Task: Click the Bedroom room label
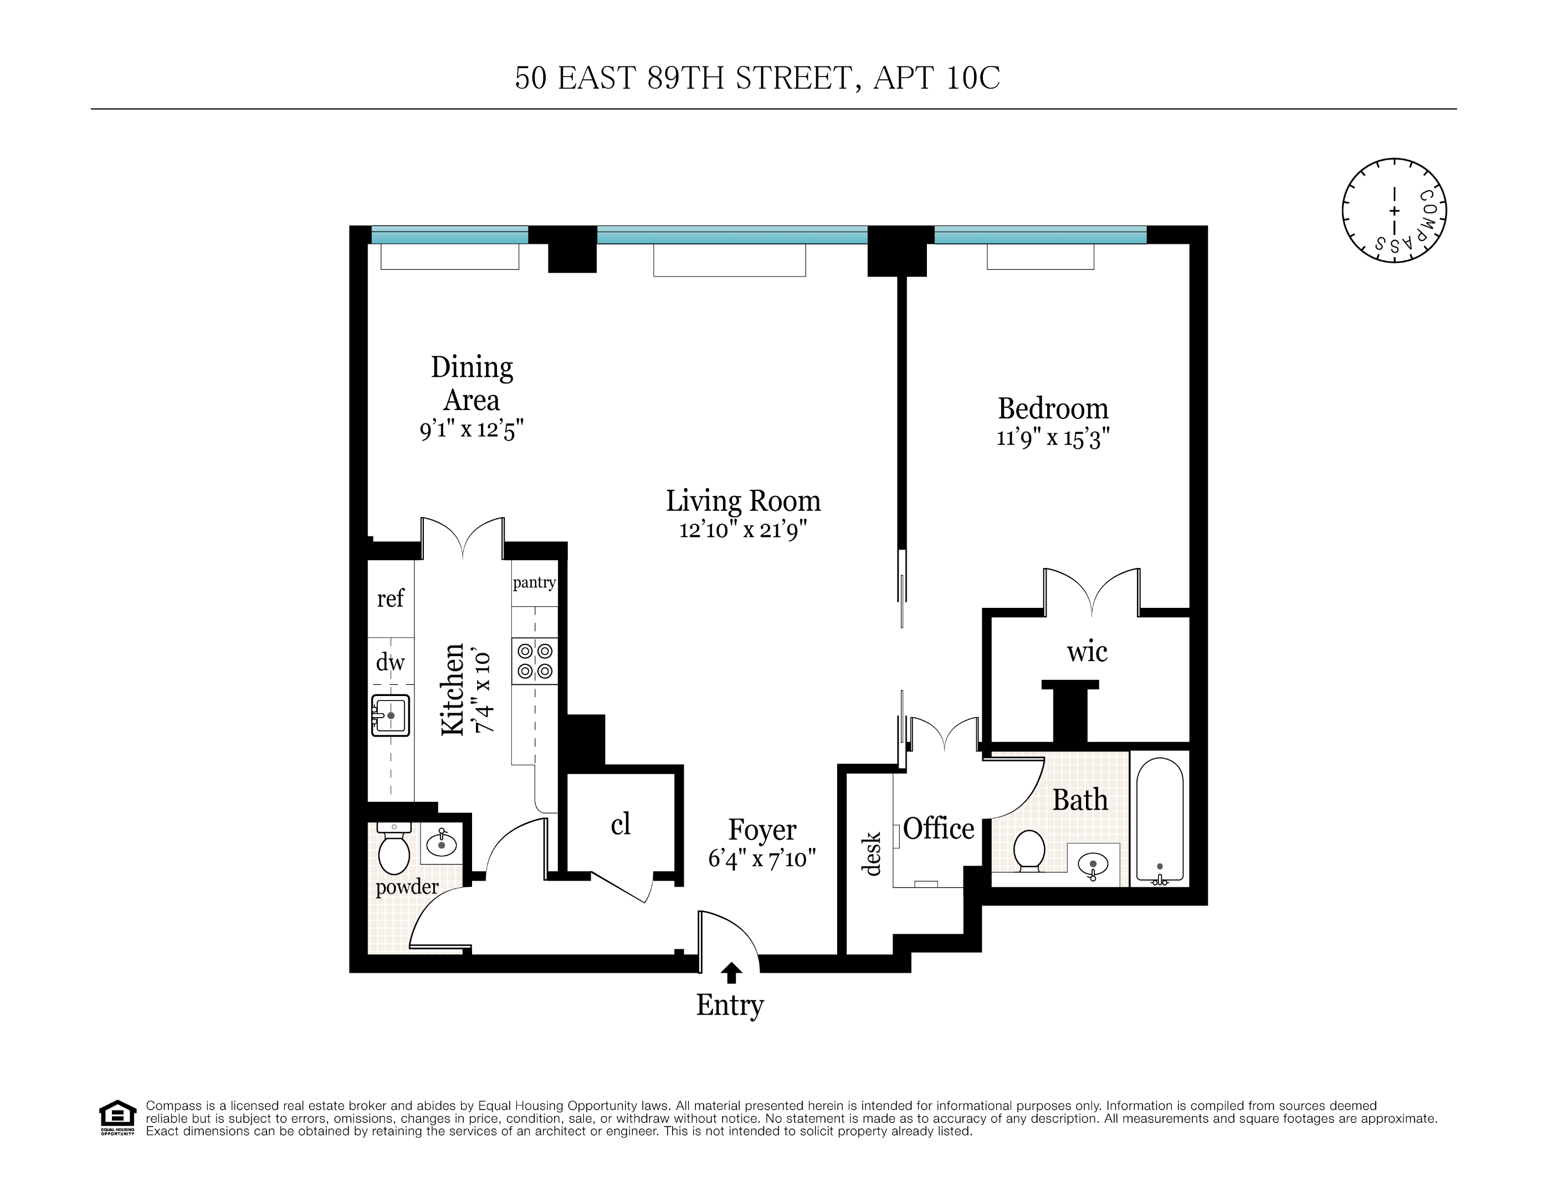(x=1053, y=409)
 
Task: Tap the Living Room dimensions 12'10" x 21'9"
(x=743, y=530)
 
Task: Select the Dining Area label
(x=471, y=383)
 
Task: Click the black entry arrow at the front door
(x=731, y=973)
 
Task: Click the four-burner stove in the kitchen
(x=535, y=660)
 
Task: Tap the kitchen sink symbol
(x=391, y=715)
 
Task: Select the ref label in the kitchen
(x=390, y=598)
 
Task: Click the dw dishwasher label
(x=390, y=662)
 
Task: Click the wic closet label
(x=1086, y=652)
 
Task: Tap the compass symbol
(x=1393, y=211)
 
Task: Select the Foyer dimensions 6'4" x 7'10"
(x=762, y=860)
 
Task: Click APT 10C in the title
(x=936, y=78)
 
